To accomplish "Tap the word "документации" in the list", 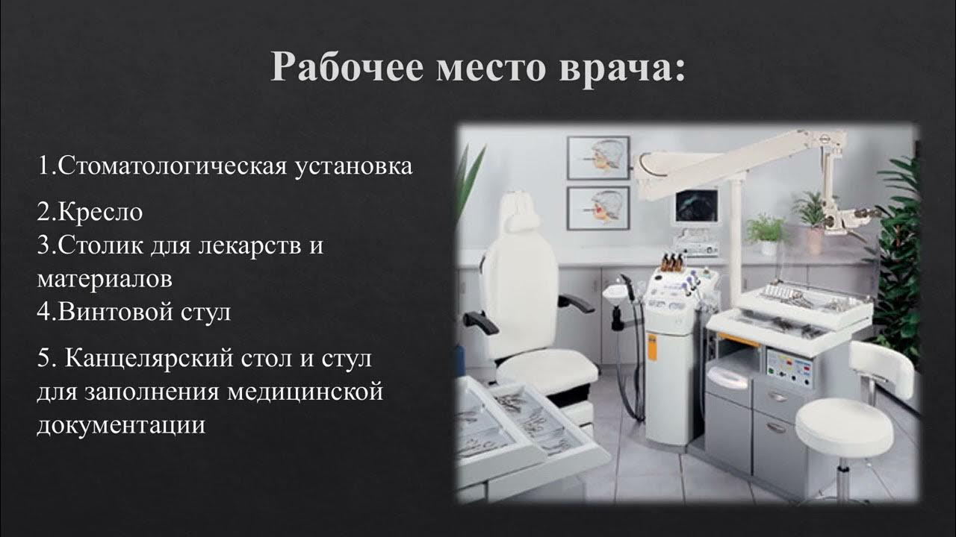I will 121,425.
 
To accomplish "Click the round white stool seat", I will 843,424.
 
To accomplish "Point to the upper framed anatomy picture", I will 597,157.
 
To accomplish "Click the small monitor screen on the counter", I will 695,206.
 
